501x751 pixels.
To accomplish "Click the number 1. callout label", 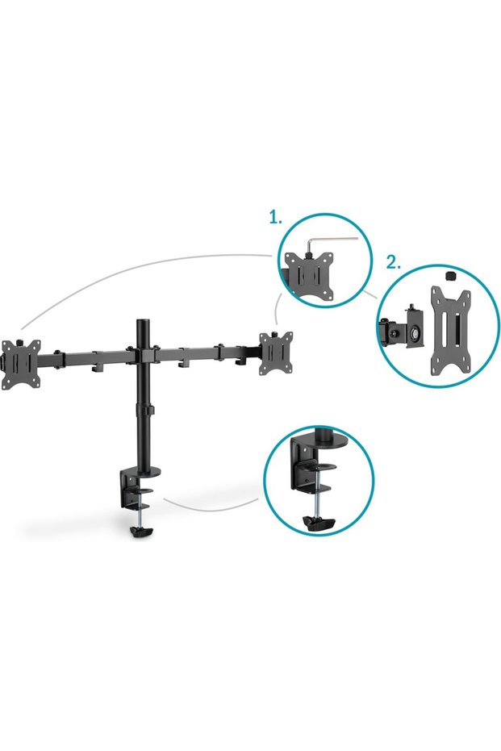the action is click(x=275, y=219).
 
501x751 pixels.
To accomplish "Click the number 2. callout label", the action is click(x=394, y=262).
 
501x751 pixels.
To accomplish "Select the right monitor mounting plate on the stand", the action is click(x=277, y=352).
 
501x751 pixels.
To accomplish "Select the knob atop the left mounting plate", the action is click(x=21, y=341).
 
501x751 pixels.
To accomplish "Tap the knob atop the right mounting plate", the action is click(x=275, y=333).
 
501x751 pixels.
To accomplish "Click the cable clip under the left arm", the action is click(x=97, y=366).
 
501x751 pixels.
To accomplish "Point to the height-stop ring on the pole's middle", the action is click(x=144, y=410).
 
